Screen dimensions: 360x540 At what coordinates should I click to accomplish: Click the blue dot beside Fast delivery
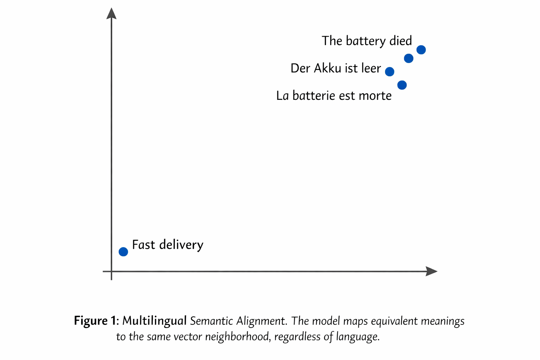[123, 252]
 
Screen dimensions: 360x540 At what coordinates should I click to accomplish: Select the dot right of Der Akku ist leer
[390, 72]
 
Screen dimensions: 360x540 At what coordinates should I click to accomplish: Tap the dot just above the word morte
[402, 85]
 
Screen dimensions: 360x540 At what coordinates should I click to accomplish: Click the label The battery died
[367, 41]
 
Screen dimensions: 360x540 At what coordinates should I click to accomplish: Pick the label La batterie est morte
[334, 96]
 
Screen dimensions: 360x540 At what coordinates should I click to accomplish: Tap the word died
[400, 41]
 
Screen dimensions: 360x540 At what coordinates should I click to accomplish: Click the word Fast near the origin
[143, 245]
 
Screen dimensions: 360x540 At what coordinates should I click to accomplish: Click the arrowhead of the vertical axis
[111, 13]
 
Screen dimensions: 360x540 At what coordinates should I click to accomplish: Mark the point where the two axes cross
[111, 271]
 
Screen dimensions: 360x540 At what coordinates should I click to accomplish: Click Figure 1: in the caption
[96, 321]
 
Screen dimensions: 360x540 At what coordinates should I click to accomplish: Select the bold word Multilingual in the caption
[154, 321]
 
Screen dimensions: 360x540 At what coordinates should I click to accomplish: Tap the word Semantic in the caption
[211, 321]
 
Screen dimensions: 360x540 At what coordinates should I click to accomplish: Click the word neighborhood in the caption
[237, 337]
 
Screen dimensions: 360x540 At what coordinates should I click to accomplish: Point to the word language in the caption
[358, 337]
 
